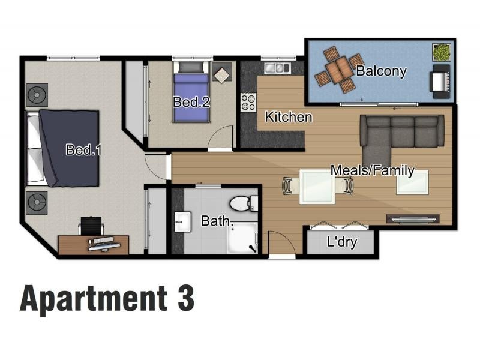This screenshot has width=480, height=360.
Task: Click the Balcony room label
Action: tap(381, 71)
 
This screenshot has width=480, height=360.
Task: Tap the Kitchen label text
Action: tap(289, 117)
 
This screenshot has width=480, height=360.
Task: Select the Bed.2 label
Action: tap(191, 102)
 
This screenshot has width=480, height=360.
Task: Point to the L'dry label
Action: tap(341, 242)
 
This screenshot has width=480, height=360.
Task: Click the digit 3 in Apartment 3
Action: tap(186, 298)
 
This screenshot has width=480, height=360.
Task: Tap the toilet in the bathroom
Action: tap(244, 203)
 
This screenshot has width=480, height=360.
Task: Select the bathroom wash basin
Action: tap(182, 221)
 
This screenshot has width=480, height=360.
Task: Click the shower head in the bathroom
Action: tap(253, 248)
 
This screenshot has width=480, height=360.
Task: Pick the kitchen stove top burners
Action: tap(248, 102)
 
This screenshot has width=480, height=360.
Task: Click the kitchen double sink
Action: tap(277, 68)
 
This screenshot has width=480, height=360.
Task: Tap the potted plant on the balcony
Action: tap(442, 52)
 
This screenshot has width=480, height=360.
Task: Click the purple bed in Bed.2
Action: tap(191, 92)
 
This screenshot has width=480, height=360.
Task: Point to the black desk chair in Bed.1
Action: tap(91, 226)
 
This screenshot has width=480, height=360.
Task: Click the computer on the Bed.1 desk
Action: tap(104, 244)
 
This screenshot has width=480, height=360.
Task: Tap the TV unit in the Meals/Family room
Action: tap(413, 219)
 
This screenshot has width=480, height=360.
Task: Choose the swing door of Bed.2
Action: tap(220, 138)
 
